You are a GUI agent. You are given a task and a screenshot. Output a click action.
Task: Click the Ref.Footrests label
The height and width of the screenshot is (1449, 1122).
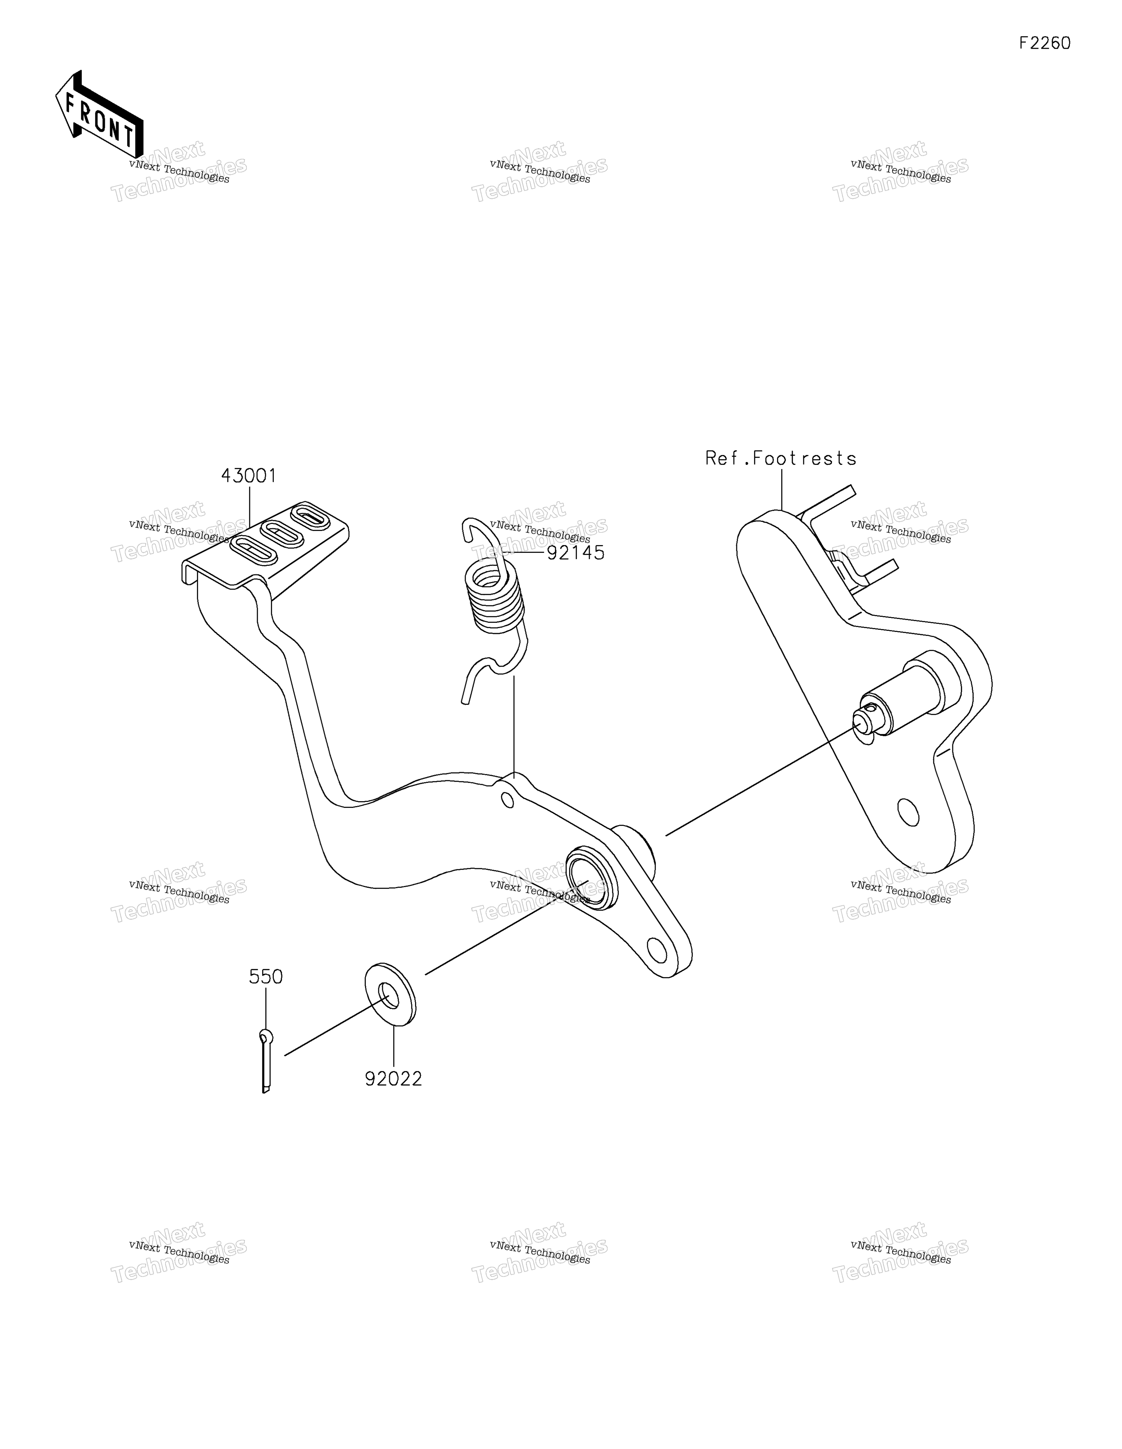tap(781, 458)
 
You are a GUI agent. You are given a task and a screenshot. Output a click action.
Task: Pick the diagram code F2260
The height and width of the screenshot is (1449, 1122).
tap(1045, 43)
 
